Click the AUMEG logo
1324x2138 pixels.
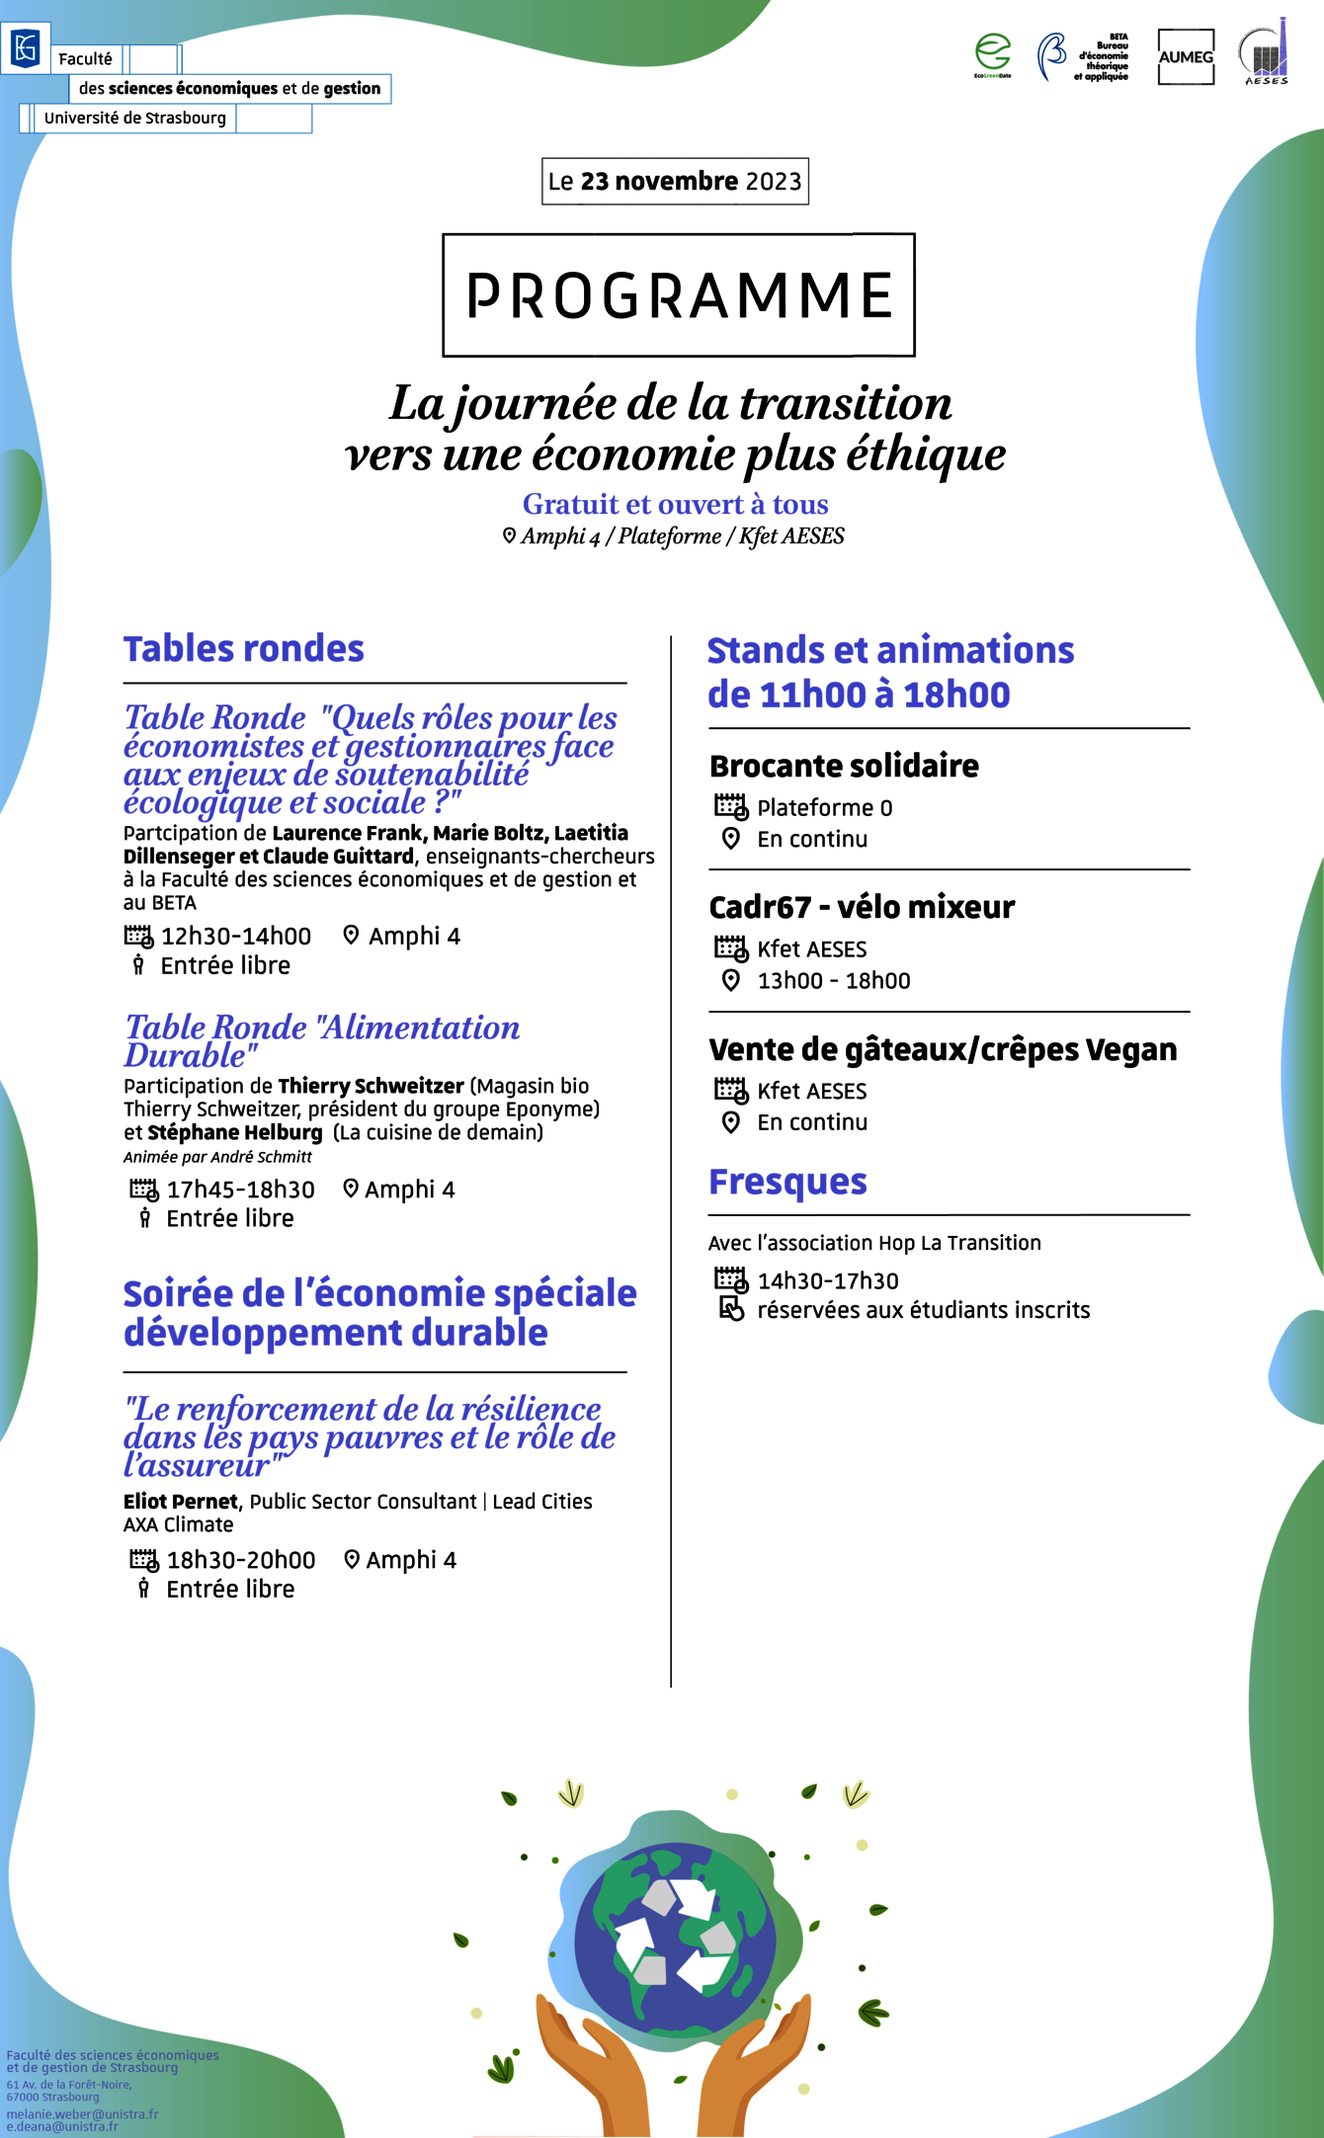pyautogui.click(x=1186, y=57)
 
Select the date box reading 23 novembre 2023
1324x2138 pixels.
pyautogui.click(x=675, y=182)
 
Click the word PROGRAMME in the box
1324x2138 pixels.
pyautogui.click(x=679, y=295)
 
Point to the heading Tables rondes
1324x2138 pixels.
pyautogui.click(x=243, y=649)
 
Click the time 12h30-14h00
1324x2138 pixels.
pyautogui.click(x=236, y=936)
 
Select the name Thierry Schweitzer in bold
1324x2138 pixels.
pyautogui.click(x=371, y=1086)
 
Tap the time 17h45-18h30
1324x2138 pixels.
pyautogui.click(x=240, y=1190)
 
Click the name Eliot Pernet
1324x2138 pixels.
pyautogui.click(x=181, y=1502)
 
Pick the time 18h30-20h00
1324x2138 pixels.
pyautogui.click(x=241, y=1560)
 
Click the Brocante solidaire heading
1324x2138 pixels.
pyautogui.click(x=844, y=766)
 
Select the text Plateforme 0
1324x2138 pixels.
pyautogui.click(x=825, y=808)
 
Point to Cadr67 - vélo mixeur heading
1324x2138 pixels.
pyautogui.click(x=862, y=907)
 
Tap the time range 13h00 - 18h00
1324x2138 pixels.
pyautogui.click(x=834, y=981)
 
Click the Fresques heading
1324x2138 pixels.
pyautogui.click(x=787, y=1182)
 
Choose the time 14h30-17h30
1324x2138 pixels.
pyautogui.click(x=828, y=1281)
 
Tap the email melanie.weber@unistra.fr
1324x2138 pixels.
pyautogui.click(x=82, y=2114)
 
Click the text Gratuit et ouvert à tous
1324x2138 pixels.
pyautogui.click(x=676, y=505)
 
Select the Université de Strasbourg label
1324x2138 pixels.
pyautogui.click(x=135, y=119)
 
